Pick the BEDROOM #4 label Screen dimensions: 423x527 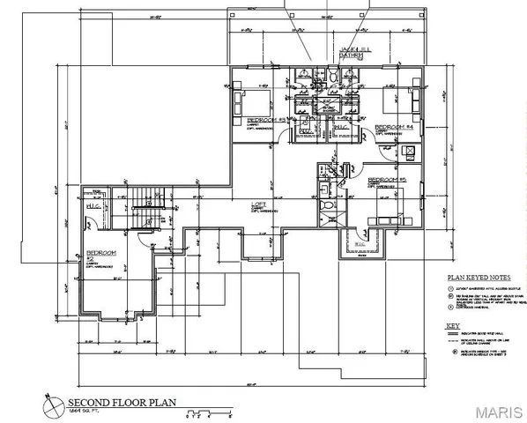point(391,128)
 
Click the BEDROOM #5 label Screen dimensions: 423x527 point(386,180)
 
